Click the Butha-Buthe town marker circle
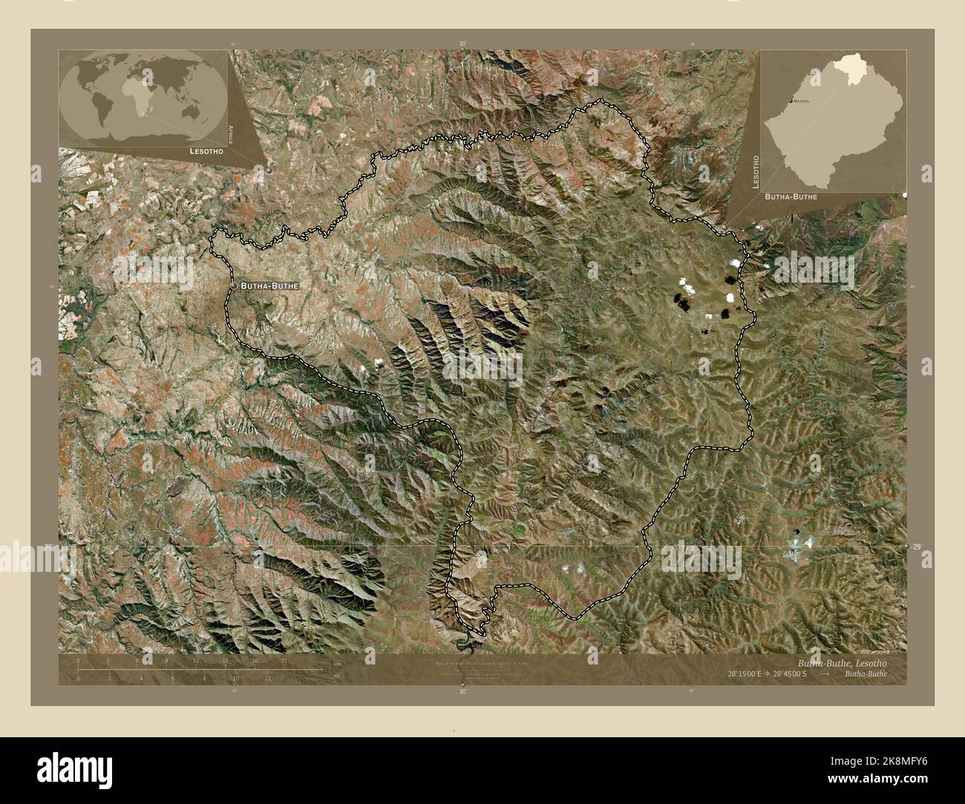[234, 286]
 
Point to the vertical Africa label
[231, 133]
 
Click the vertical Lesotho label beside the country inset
[756, 173]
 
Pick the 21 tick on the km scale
[284, 660]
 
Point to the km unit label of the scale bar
[336, 664]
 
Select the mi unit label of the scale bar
[336, 676]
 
